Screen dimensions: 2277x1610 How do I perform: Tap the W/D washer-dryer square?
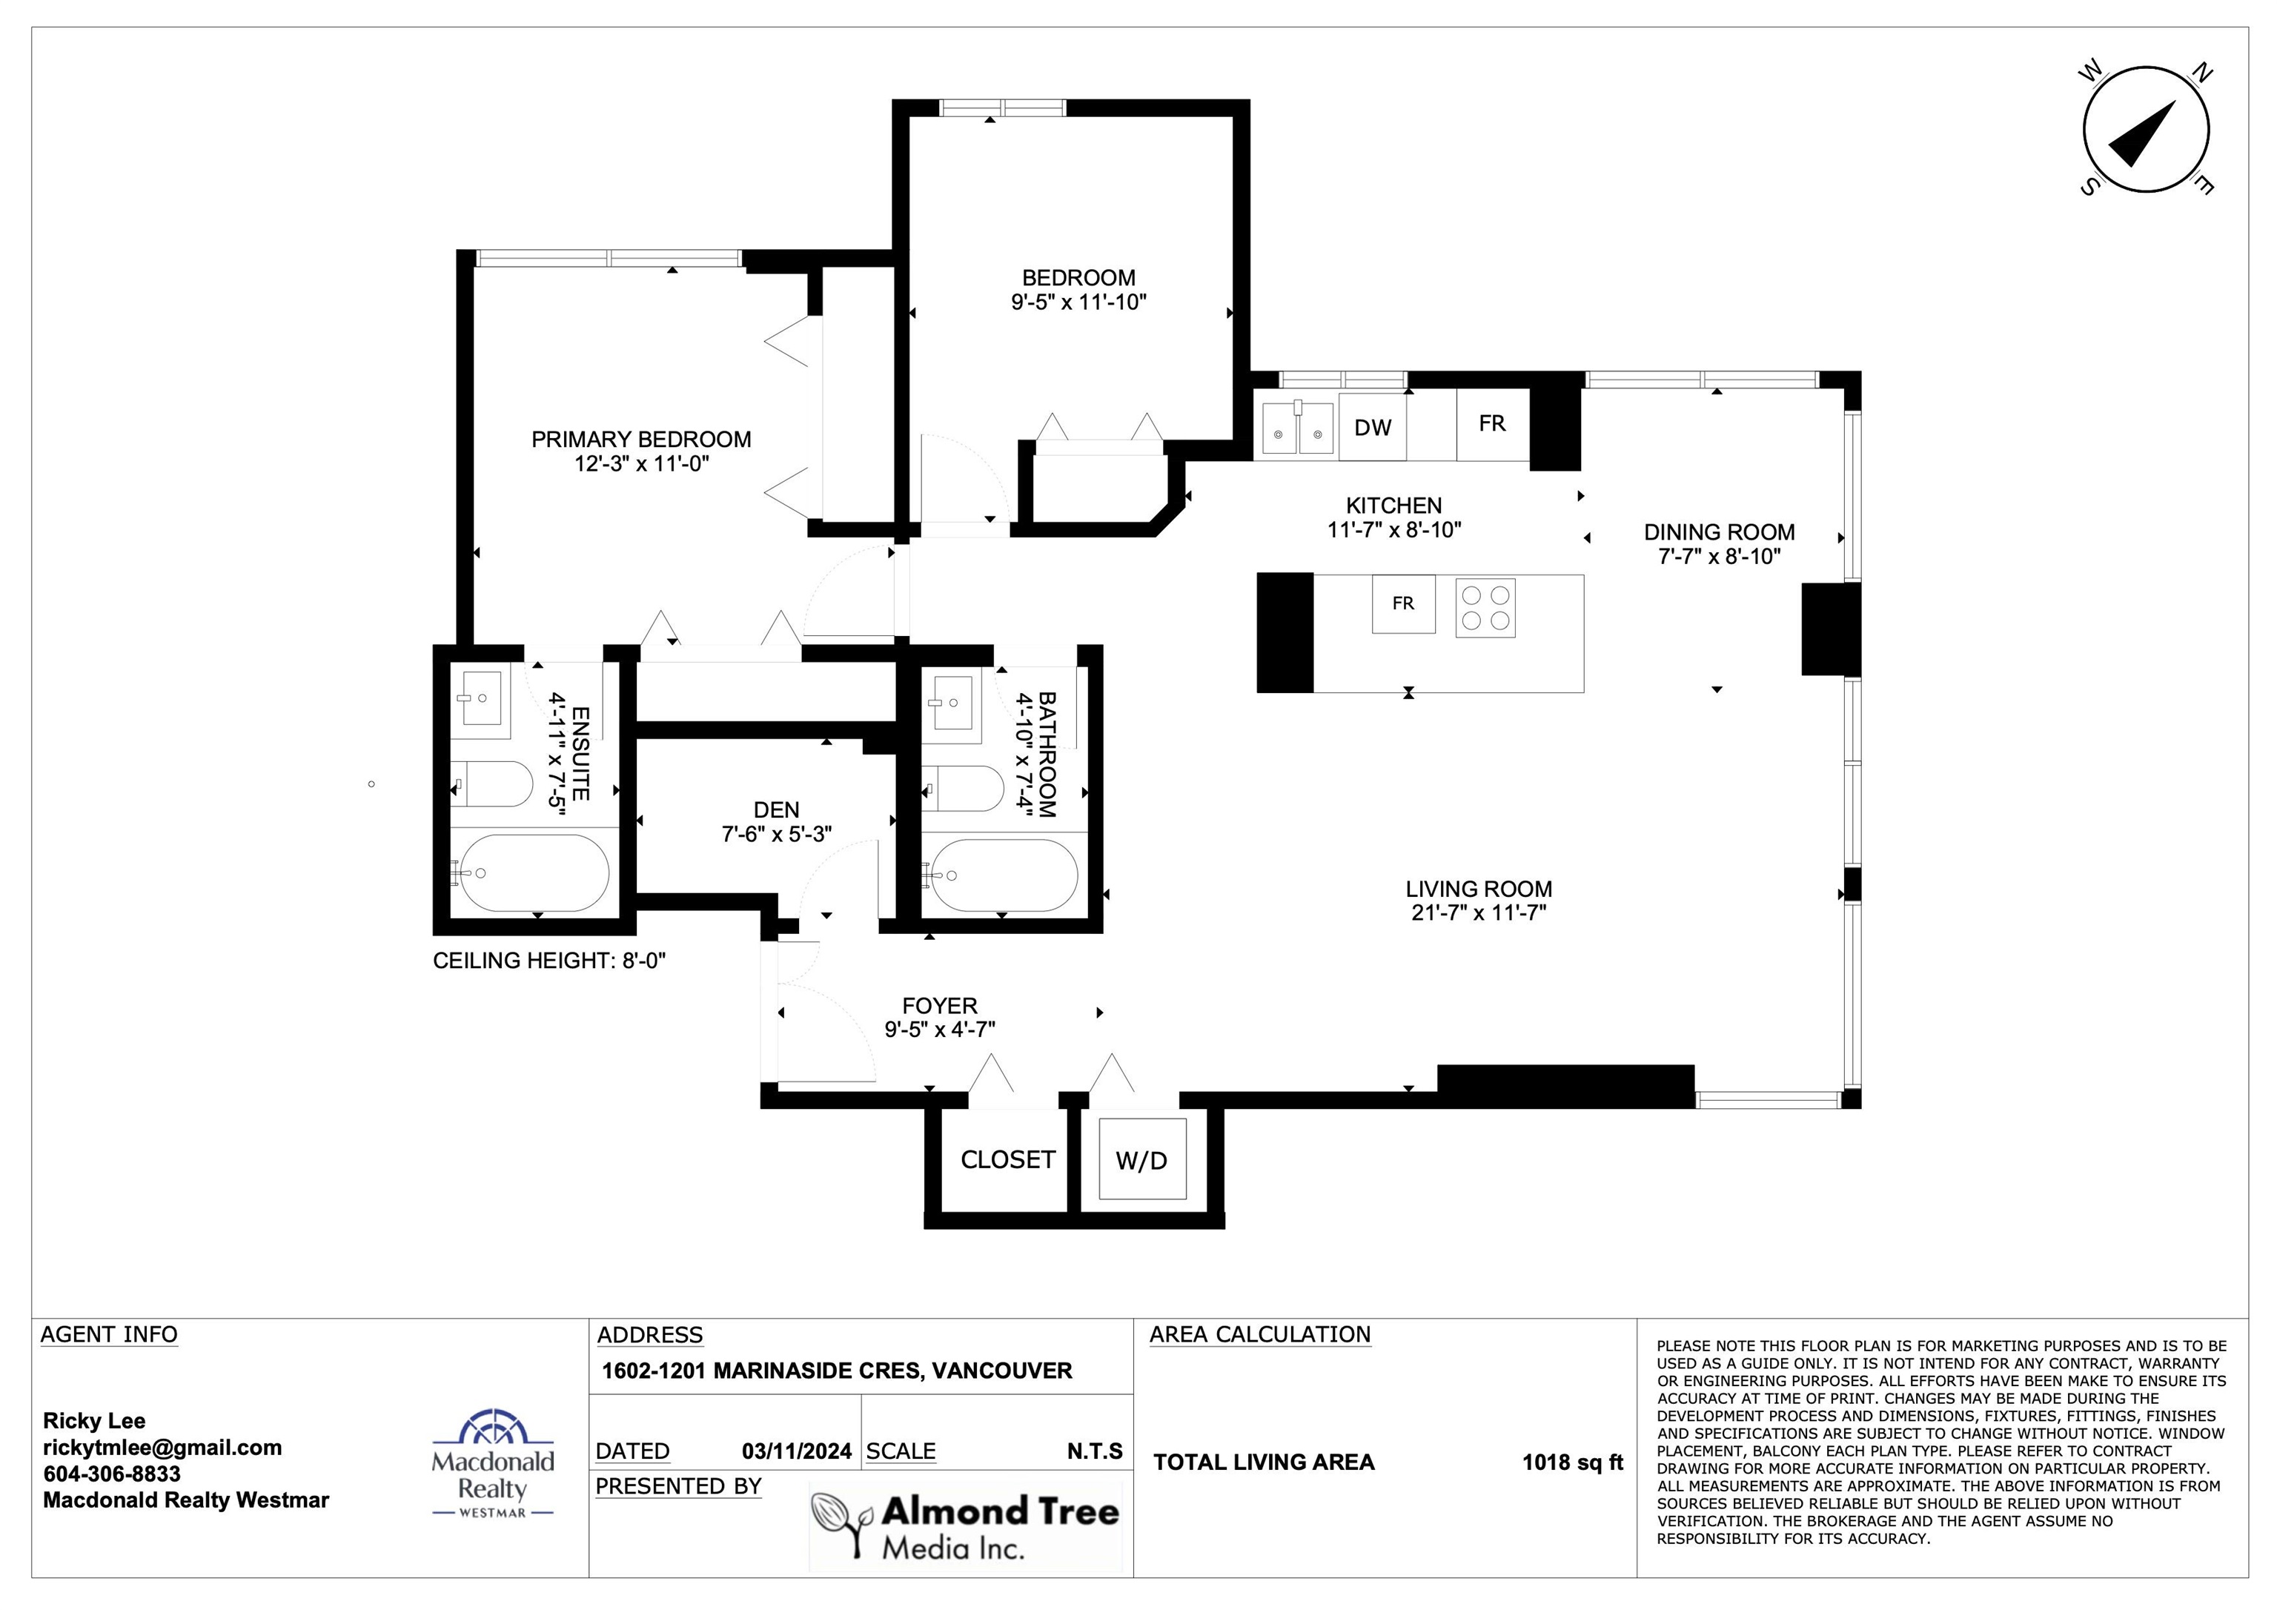(x=1141, y=1159)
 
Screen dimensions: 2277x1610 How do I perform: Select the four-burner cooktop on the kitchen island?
(x=1485, y=607)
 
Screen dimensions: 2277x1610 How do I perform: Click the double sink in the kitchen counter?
(x=1297, y=425)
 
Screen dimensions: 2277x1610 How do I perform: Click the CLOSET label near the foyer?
(x=1007, y=1159)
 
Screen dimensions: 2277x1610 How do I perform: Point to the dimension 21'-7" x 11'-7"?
(x=1479, y=912)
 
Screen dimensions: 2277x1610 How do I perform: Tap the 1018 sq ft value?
(x=1573, y=1462)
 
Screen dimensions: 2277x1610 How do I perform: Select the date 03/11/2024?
(x=796, y=1451)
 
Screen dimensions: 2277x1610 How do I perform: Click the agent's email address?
(x=162, y=1448)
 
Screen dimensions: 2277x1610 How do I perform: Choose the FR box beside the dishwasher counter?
(x=1493, y=425)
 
